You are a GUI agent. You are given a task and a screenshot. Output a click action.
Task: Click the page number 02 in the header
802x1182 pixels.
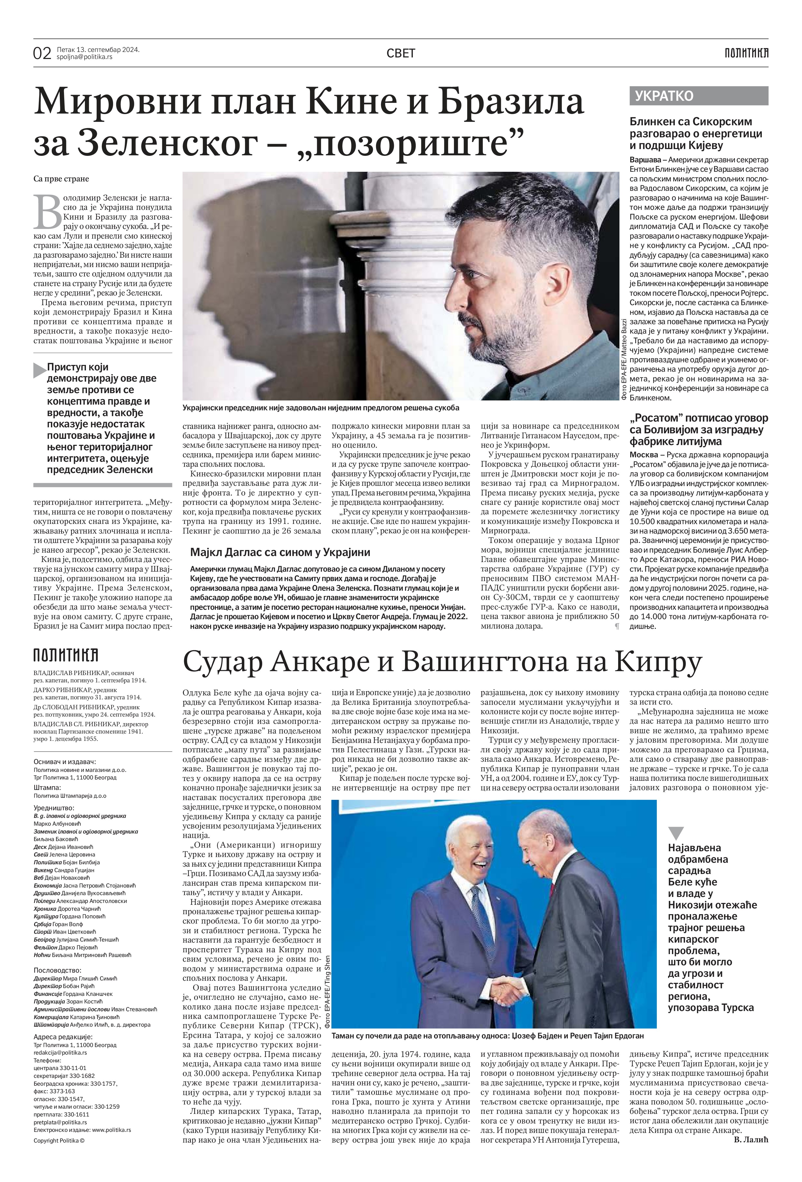click(42, 53)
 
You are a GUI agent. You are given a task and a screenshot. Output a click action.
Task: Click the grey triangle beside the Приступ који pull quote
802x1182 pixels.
click(40, 370)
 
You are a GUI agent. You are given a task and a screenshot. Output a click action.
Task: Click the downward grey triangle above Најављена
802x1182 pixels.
click(676, 832)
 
